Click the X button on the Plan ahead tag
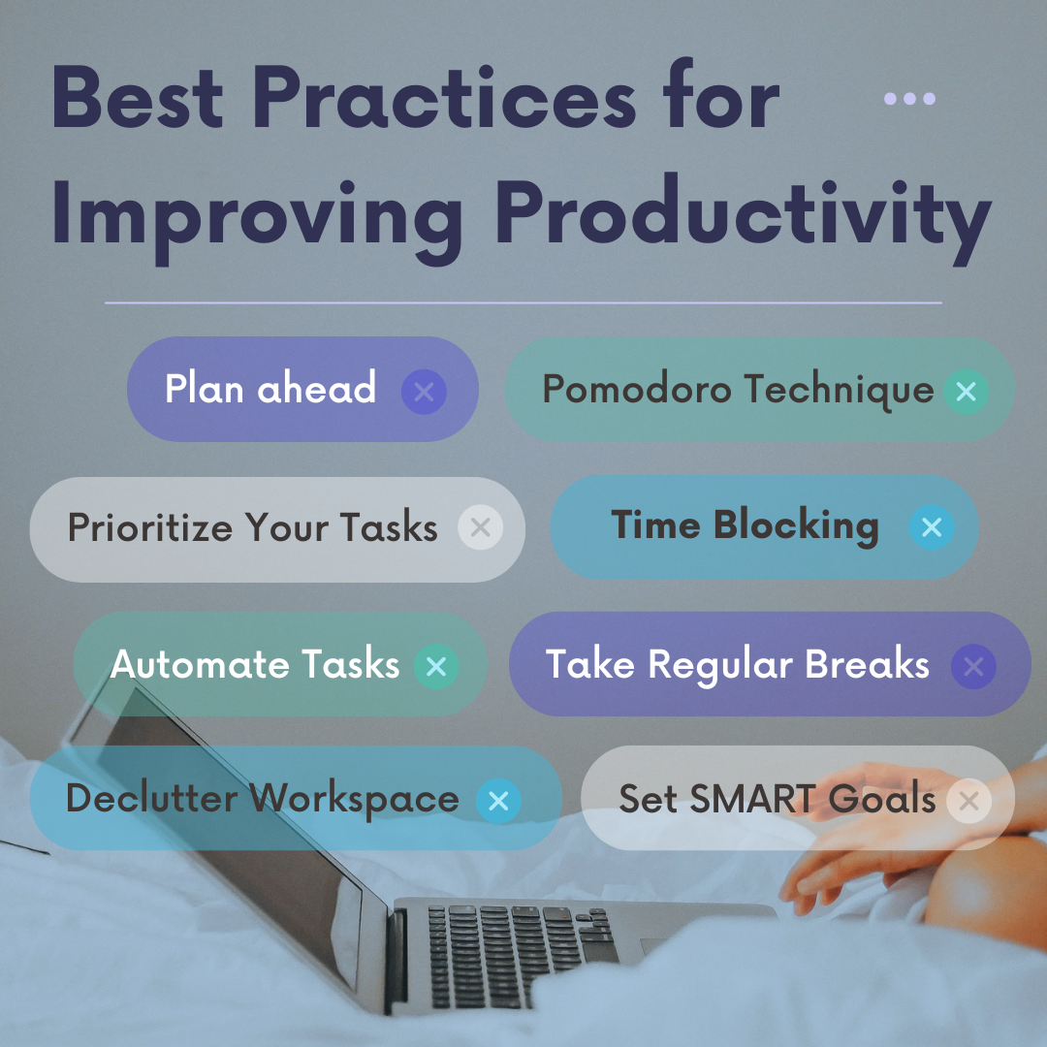pyautogui.click(x=424, y=392)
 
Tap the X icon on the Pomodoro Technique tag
pyautogui.click(x=966, y=392)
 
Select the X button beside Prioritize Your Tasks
pyautogui.click(x=480, y=527)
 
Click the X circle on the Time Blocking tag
pyautogui.click(x=932, y=527)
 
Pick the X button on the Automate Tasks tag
pyautogui.click(x=436, y=666)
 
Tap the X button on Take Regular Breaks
pyautogui.click(x=973, y=666)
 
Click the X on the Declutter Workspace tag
pyautogui.click(x=498, y=801)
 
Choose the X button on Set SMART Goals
pyautogui.click(x=968, y=801)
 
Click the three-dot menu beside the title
pyautogui.click(x=909, y=99)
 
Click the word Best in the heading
pyautogui.click(x=137, y=97)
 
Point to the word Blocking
pyautogui.click(x=796, y=526)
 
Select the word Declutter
pyautogui.click(x=151, y=798)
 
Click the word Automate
pyautogui.click(x=199, y=664)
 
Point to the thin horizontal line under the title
pyautogui.click(x=523, y=303)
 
